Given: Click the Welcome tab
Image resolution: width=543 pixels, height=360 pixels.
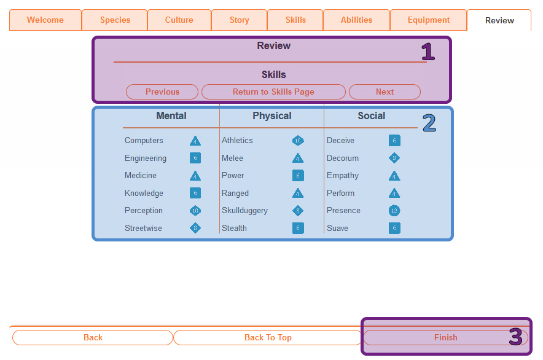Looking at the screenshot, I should coord(45,20).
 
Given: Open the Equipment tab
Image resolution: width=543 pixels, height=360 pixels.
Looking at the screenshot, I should coord(429,20).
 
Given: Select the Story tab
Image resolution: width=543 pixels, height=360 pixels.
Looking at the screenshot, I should coord(240,20).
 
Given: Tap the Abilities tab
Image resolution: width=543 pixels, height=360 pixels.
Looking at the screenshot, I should coord(356,20).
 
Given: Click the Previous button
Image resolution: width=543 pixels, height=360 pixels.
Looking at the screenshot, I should coord(162,92).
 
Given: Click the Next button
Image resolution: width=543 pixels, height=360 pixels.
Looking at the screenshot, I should coord(385,92).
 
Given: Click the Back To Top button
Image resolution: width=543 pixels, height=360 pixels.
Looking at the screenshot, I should coord(268,337).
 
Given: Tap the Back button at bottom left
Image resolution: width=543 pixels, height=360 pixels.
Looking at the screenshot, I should coord(93,337).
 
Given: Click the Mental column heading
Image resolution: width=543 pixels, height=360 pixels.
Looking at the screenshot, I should coord(171,116).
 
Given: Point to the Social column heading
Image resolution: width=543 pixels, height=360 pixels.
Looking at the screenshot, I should coord(372,116).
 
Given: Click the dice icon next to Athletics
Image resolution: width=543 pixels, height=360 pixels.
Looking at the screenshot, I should coord(298,141).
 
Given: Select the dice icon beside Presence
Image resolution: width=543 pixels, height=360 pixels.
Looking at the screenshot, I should coord(394,211).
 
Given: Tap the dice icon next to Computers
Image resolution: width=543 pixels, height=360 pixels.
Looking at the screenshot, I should coord(195,141).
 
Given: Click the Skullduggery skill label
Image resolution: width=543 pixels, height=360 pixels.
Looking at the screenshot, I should coord(244,211).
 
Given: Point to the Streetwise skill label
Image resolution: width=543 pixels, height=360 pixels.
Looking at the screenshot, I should coord(143,229).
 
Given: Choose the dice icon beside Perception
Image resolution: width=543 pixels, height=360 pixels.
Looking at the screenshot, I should coord(195,211).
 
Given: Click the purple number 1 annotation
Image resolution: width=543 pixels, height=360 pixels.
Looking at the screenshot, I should coord(428,52).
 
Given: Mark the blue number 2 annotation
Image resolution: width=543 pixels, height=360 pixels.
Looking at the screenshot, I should coord(429,123).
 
